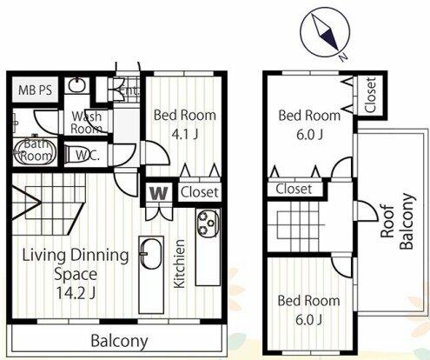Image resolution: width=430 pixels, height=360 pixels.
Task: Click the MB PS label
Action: pyautogui.click(x=35, y=90)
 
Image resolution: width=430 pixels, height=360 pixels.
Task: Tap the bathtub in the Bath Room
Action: pyautogui.click(x=35, y=152)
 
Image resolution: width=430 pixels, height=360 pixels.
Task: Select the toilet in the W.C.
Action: pyautogui.click(x=70, y=155)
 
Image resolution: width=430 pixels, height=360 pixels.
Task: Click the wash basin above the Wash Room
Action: pyautogui.click(x=76, y=85)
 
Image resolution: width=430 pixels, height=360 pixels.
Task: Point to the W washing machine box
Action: pyautogui.click(x=159, y=193)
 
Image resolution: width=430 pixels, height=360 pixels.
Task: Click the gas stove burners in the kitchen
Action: pyautogui.click(x=208, y=223)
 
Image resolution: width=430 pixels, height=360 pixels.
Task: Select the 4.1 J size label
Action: pyautogui.click(x=184, y=134)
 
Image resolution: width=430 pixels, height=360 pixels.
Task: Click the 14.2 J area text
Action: pyautogui.click(x=76, y=293)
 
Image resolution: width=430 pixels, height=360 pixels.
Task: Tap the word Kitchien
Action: pyautogui.click(x=179, y=263)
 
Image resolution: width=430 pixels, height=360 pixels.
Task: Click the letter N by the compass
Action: pyautogui.click(x=343, y=57)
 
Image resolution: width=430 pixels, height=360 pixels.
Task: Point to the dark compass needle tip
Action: pyautogui.click(x=338, y=50)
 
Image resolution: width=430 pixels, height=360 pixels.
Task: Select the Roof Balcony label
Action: pyautogui.click(x=397, y=221)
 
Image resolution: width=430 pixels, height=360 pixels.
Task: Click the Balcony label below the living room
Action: pyautogui.click(x=119, y=341)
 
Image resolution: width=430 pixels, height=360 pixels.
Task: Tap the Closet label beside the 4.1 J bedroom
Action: pyautogui.click(x=200, y=192)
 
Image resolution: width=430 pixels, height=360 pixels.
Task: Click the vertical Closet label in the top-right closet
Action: pyautogui.click(x=370, y=95)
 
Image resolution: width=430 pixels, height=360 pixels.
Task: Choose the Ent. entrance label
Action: pyautogui.click(x=129, y=91)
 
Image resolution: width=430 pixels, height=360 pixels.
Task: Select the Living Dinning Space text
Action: pyautogui.click(x=76, y=264)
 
